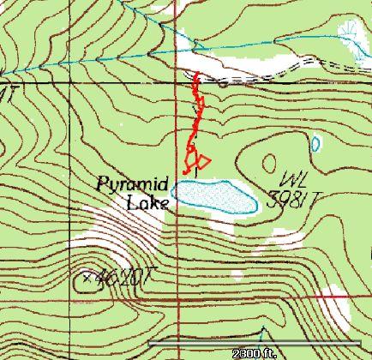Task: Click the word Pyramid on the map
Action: click(131, 183)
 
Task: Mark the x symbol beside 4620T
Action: click(87, 277)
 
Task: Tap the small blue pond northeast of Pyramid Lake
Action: click(315, 143)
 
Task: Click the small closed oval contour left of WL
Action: click(269, 163)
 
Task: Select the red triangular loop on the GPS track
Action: click(202, 159)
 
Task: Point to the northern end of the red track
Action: click(196, 75)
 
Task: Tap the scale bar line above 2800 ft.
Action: click(257, 344)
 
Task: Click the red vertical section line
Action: click(177, 257)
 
